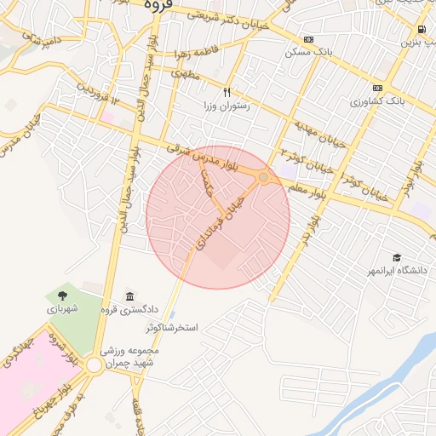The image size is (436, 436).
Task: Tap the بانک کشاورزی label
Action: pyautogui.click(x=376, y=101)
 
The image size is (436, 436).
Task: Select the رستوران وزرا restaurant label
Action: pyautogui.click(x=227, y=106)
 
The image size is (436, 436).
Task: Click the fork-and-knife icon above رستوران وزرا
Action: pyautogui.click(x=227, y=92)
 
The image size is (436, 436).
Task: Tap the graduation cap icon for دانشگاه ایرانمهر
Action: pyautogui.click(x=396, y=256)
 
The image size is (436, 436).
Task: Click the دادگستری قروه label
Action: pyautogui.click(x=129, y=309)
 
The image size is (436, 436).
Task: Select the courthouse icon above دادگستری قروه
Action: pyautogui.click(x=129, y=295)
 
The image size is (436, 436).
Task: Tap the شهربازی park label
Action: pyautogui.click(x=62, y=308)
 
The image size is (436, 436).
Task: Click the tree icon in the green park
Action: pyautogui.click(x=62, y=295)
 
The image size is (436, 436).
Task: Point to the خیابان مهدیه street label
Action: pyautogui.click(x=319, y=134)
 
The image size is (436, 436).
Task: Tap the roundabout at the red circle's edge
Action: pyautogui.click(x=265, y=177)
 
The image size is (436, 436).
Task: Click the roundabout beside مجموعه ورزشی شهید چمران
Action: pyautogui.click(x=93, y=364)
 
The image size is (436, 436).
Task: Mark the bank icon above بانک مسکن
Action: pyautogui.click(x=308, y=38)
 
